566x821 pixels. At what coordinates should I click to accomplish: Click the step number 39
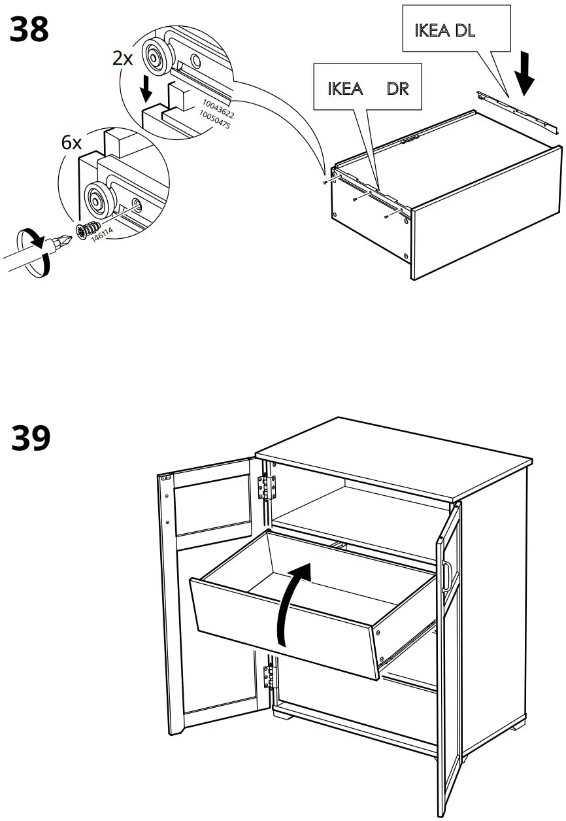pos(31,438)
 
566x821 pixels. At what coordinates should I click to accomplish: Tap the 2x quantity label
pos(122,59)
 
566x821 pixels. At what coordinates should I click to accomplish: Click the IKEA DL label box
pos(455,30)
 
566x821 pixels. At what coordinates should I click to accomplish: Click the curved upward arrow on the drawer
pos(292,601)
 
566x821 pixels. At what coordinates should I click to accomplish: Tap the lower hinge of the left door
pos(268,675)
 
